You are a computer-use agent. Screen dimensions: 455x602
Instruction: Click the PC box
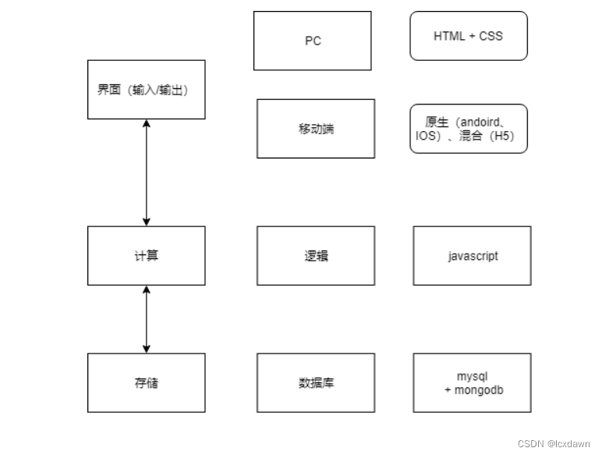pos(312,41)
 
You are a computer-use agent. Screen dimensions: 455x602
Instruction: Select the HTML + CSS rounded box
pos(469,36)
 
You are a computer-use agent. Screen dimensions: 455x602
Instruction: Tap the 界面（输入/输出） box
pos(147,90)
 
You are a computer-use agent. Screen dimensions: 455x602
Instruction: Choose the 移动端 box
pos(316,129)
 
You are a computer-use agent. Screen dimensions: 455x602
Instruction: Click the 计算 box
pos(147,256)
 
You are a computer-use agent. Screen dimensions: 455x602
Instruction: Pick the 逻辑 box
pos(316,256)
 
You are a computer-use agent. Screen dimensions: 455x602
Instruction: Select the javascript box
pos(473,256)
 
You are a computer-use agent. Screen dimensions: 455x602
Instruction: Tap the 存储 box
pos(147,382)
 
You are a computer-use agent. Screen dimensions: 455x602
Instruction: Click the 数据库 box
pos(316,382)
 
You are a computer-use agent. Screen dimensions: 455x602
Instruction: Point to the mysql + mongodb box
pos(473,382)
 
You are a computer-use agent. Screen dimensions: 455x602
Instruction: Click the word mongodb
pos(479,389)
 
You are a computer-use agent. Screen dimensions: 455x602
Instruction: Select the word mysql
pos(473,376)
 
